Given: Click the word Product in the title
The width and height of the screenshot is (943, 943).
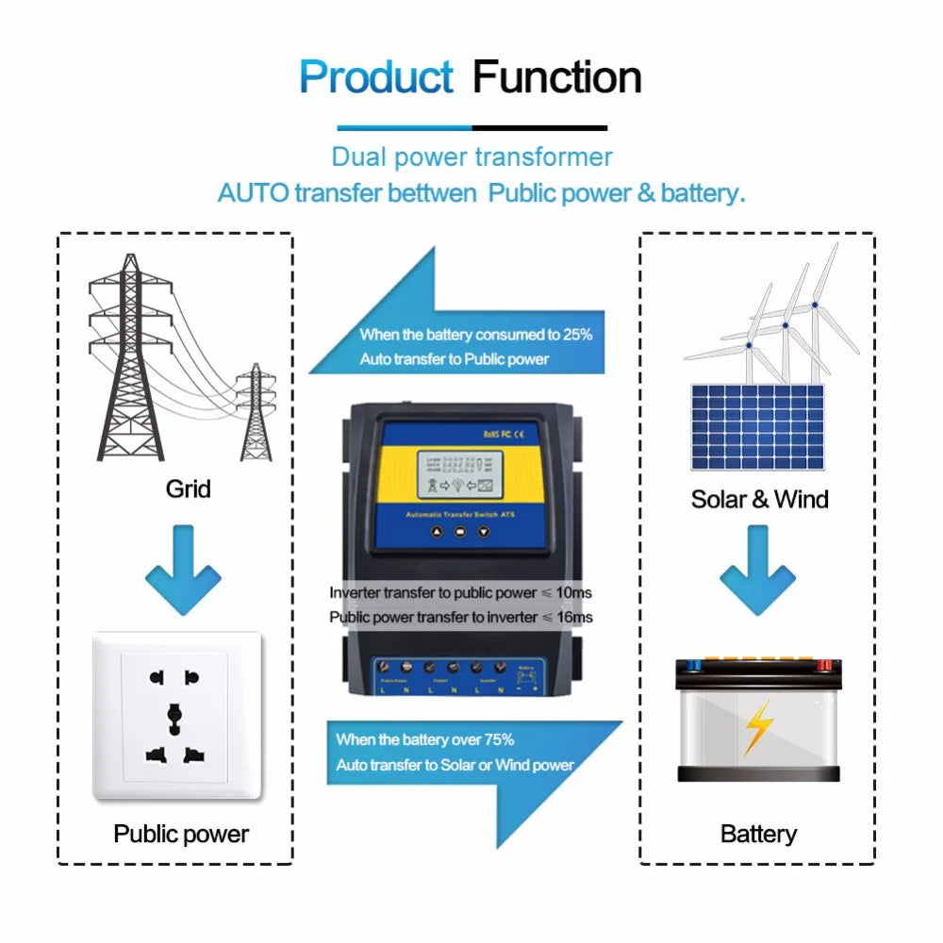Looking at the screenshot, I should point(376,76).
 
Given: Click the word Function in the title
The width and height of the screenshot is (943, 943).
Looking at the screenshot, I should point(556,76).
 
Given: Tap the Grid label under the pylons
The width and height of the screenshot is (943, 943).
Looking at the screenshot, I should point(188,488).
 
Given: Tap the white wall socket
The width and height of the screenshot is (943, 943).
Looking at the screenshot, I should point(176,716).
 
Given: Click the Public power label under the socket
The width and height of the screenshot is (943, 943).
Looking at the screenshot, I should point(181,834).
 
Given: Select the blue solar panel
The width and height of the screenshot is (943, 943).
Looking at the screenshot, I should point(757,426).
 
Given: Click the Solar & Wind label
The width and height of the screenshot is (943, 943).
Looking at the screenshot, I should point(759,499).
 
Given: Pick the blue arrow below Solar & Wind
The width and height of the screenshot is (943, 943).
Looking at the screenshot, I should point(757,570).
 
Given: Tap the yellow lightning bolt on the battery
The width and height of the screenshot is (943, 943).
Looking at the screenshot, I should point(757,726).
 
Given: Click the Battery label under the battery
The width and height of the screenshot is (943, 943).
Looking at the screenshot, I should point(758,834).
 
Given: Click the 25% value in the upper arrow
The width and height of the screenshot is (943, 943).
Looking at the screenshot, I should point(575,335).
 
